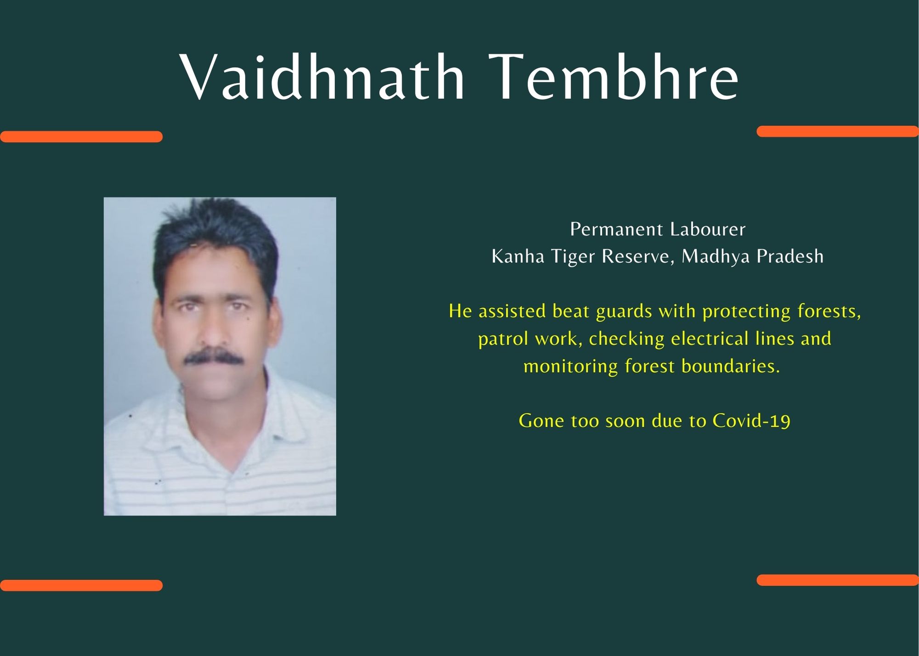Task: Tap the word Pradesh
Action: click(x=790, y=256)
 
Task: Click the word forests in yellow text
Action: click(x=829, y=311)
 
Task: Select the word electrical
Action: click(x=710, y=339)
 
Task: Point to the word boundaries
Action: click(x=731, y=366)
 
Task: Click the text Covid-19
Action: click(x=751, y=421)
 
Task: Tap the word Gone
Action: click(x=541, y=421)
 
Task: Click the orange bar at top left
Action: click(x=81, y=136)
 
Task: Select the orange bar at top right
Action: click(x=838, y=131)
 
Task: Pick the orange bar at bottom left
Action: click(x=81, y=585)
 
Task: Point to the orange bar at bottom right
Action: click(x=838, y=580)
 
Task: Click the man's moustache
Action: click(x=214, y=356)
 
